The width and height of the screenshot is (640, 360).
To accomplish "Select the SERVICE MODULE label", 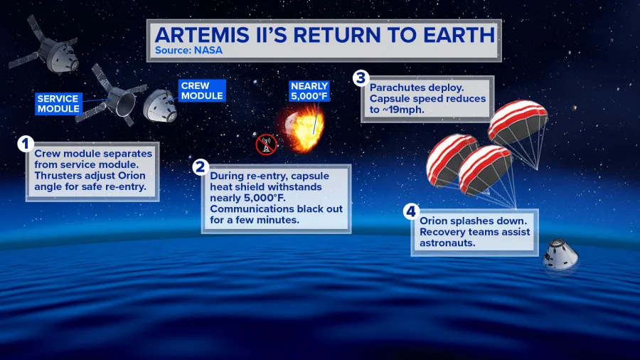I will pos(58,103).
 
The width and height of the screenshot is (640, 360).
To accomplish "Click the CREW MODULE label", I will pos(202,90).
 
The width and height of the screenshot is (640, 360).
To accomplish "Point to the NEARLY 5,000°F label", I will pos(309,90).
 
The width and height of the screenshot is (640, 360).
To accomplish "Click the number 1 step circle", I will pos(26,144).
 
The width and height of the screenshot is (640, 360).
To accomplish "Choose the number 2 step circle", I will pos(201,168).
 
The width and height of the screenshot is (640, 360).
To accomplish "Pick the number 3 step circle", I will pos(361,78).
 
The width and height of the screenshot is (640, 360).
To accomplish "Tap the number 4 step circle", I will pos(411,211).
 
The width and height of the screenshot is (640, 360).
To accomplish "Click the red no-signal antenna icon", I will pos(265,144).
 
